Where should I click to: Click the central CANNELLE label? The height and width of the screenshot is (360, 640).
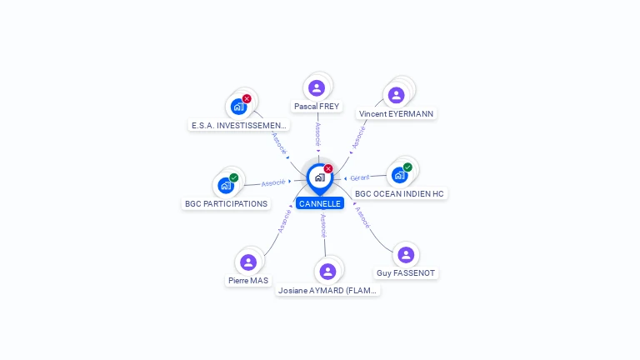320,203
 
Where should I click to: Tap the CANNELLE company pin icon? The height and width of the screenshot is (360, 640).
319,177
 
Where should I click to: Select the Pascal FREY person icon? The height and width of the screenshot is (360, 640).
317,87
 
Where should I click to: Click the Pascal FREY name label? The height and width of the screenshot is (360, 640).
317,106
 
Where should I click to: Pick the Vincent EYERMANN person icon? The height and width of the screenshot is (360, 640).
397,95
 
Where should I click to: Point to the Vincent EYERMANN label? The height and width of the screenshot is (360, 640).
396,113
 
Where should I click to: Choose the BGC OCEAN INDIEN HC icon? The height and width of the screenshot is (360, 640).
400,175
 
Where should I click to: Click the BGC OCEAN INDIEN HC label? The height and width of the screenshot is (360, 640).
400,193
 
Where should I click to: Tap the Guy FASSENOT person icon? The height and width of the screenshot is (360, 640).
406,255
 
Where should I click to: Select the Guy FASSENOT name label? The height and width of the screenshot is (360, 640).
406,273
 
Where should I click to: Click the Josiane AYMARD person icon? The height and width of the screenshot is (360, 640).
327,272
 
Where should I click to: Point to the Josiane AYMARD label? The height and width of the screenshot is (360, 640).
327,291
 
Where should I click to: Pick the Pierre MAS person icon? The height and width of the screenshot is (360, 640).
248,262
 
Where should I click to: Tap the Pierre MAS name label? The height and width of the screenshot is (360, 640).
248,281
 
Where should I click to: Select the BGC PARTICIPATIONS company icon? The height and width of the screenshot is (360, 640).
226,185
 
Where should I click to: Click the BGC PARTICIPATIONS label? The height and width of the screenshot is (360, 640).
226,203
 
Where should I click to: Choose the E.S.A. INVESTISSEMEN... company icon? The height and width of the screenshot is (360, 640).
238,107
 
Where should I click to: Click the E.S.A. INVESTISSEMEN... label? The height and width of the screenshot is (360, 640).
239,126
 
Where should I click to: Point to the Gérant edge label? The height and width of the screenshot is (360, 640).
360,177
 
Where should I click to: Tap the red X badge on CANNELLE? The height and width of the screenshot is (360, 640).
328,168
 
